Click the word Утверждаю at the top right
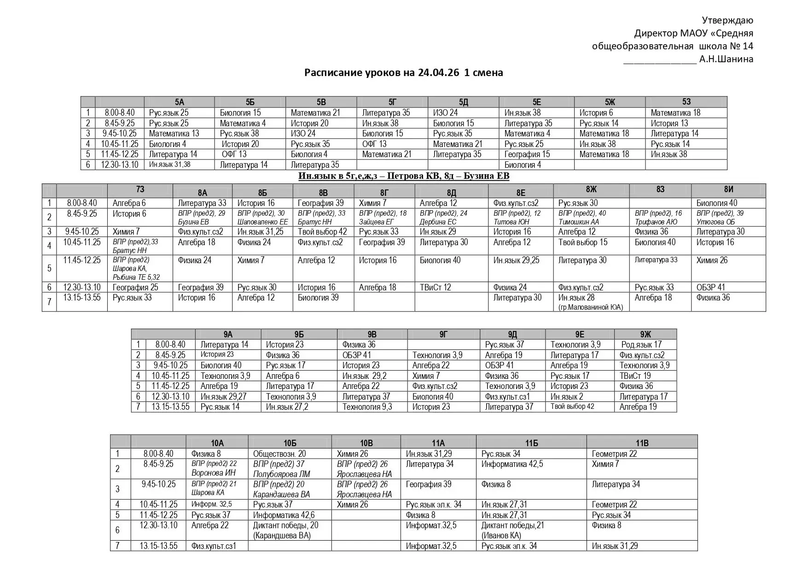pos(727,20)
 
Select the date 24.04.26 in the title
pos(438,72)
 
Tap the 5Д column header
pos(463,102)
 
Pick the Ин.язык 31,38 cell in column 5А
pos(169,165)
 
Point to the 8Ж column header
pos(591,189)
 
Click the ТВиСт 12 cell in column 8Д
pos(435,287)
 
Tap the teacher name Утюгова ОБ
pos(715,222)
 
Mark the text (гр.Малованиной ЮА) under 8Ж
pos(590,307)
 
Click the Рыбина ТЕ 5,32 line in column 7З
pos(136,277)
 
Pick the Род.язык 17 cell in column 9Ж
pos(641,345)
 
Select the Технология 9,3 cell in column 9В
pos(367,407)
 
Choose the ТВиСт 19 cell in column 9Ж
pos(635,376)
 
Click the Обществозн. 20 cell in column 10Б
pos(279,454)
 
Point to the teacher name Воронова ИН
pos(213,473)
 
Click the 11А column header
pos(438,443)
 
